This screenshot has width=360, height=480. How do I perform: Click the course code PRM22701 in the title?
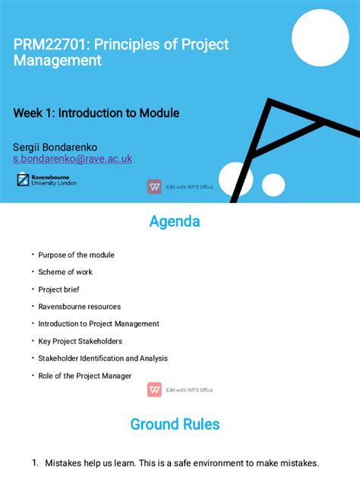click(47, 45)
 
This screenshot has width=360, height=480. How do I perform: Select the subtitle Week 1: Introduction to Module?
click(96, 113)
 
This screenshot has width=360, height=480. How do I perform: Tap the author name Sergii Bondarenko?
click(65, 146)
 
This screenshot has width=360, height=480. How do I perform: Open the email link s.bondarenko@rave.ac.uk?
click(73, 159)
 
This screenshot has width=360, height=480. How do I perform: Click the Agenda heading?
click(175, 222)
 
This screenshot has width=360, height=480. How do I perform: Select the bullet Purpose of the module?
click(76, 255)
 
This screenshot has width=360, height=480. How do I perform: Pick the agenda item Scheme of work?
click(65, 272)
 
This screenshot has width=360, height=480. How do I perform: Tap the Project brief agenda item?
click(59, 289)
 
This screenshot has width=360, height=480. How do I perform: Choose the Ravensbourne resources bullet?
click(80, 307)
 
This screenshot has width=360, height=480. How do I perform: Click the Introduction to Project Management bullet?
click(99, 324)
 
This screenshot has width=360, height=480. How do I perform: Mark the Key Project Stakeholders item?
click(81, 341)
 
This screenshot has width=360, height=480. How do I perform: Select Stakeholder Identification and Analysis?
click(103, 358)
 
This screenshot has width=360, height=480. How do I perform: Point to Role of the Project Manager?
click(85, 376)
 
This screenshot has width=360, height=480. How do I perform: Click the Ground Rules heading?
click(175, 424)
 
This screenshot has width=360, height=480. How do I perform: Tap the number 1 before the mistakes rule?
click(35, 463)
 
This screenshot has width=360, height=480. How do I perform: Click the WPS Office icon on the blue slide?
click(154, 186)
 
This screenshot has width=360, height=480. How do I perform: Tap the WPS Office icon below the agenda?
click(154, 390)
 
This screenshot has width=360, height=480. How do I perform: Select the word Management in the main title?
click(58, 61)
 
